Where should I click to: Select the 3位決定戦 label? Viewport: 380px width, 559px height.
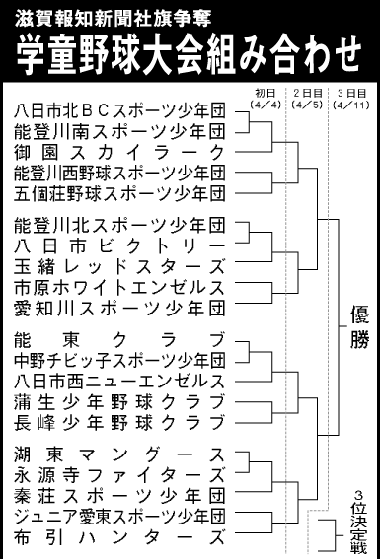359,522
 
